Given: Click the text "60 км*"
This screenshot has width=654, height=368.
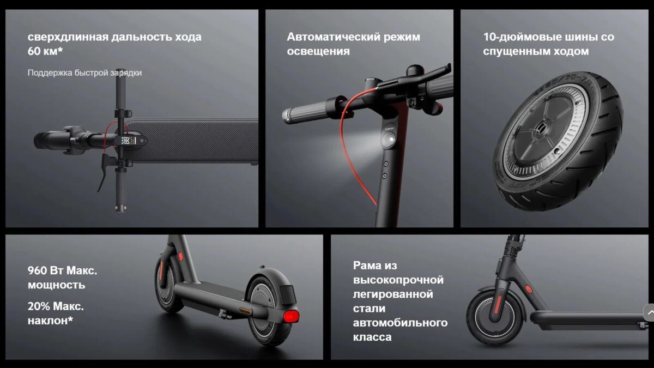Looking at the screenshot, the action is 45,51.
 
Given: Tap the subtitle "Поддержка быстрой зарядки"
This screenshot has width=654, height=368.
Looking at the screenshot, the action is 84,73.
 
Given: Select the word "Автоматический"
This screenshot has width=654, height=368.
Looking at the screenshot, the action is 333,37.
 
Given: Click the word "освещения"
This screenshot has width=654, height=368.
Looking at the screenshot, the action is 318,51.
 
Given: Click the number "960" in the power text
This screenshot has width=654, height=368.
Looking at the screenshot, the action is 37,270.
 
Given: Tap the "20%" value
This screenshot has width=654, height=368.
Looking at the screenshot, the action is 39,306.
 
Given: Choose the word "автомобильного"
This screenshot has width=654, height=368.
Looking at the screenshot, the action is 400,323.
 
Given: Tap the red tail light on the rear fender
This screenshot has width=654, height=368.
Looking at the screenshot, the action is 292,316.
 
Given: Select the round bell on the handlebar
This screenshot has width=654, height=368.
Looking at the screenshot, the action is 415,71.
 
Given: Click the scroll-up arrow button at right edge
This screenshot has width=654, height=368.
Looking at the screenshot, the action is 649,312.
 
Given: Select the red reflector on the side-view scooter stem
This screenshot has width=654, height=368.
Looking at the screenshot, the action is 528,289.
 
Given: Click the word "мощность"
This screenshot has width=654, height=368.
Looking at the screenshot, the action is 56,285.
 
